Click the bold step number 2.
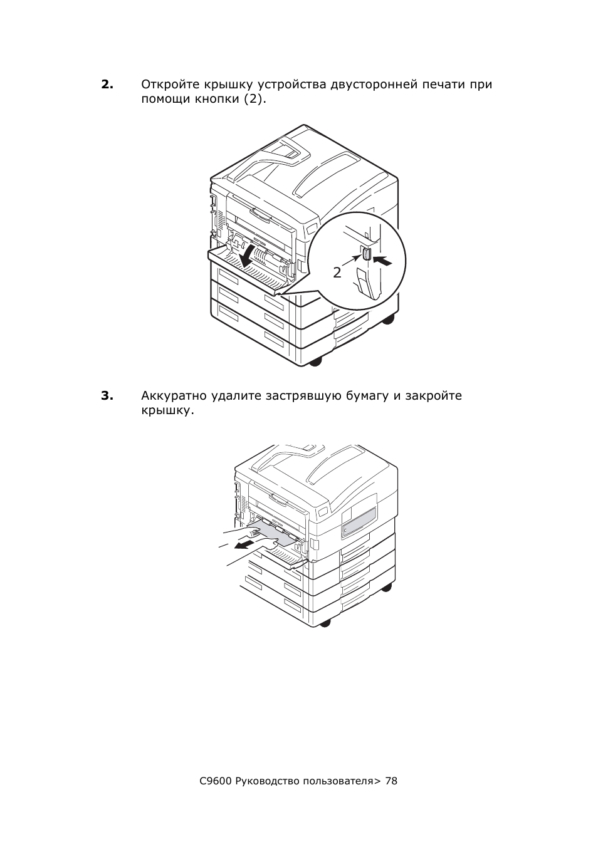tap(107, 85)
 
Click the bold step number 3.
tap(107, 396)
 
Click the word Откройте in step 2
tap(170, 85)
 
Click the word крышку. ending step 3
tap(167, 411)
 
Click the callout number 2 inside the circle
tap(337, 273)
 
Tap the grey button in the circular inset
tap(366, 254)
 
